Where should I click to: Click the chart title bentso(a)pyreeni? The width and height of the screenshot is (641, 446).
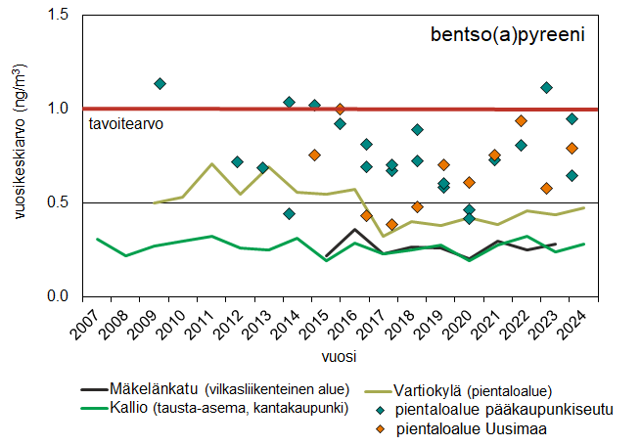[507, 36]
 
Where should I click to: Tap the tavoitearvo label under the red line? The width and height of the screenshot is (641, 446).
[125, 125]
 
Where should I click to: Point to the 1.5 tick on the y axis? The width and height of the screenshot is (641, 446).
[63, 16]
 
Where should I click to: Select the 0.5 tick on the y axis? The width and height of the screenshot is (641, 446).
[63, 202]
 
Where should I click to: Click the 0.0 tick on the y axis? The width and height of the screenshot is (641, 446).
[63, 295]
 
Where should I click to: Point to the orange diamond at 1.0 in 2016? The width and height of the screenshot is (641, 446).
[340, 109]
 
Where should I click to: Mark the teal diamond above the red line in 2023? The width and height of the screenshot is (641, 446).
[546, 88]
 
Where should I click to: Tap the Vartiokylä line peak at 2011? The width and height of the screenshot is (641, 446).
[211, 163]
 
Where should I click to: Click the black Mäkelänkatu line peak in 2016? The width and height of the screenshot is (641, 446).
[354, 230]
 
